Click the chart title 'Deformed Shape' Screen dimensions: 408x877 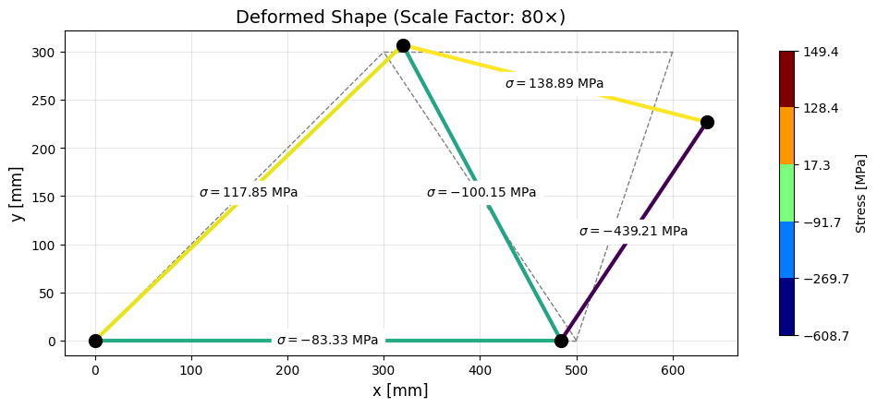tap(400, 18)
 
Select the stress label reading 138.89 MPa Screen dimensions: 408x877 tap(554, 84)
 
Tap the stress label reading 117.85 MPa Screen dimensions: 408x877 tap(249, 193)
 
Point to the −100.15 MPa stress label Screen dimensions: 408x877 tap(481, 193)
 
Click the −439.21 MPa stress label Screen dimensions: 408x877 tap(633, 232)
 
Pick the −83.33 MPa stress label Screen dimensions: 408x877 tap(327, 341)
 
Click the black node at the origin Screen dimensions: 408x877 tap(95, 341)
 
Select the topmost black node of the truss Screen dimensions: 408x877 tap(403, 45)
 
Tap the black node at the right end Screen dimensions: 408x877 tap(707, 122)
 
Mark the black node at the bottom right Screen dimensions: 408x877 tap(561, 341)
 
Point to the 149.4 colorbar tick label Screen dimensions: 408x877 tap(822, 52)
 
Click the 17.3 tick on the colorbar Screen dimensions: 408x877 tap(817, 165)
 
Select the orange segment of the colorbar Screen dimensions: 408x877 tap(786, 136)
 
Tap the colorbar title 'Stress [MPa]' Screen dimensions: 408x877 tap(860, 193)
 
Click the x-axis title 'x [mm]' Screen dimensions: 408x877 tap(400, 390)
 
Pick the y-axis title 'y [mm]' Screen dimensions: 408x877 tap(18, 193)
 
